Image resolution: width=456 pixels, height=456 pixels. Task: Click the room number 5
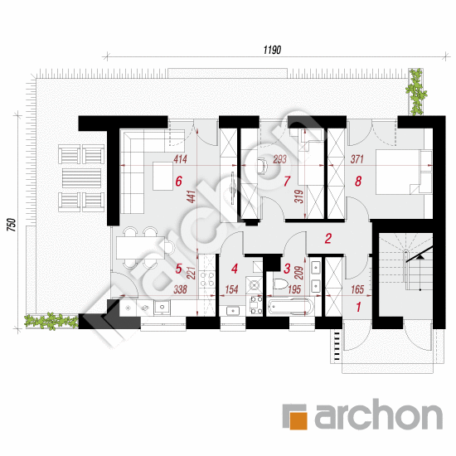pos(179,268)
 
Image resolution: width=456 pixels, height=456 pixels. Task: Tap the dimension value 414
pos(180,159)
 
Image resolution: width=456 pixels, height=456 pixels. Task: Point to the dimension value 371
pos(358,159)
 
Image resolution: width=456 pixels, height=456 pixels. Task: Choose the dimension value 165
pos(358,290)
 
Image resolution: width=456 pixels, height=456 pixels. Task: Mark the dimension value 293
pos(279,159)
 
